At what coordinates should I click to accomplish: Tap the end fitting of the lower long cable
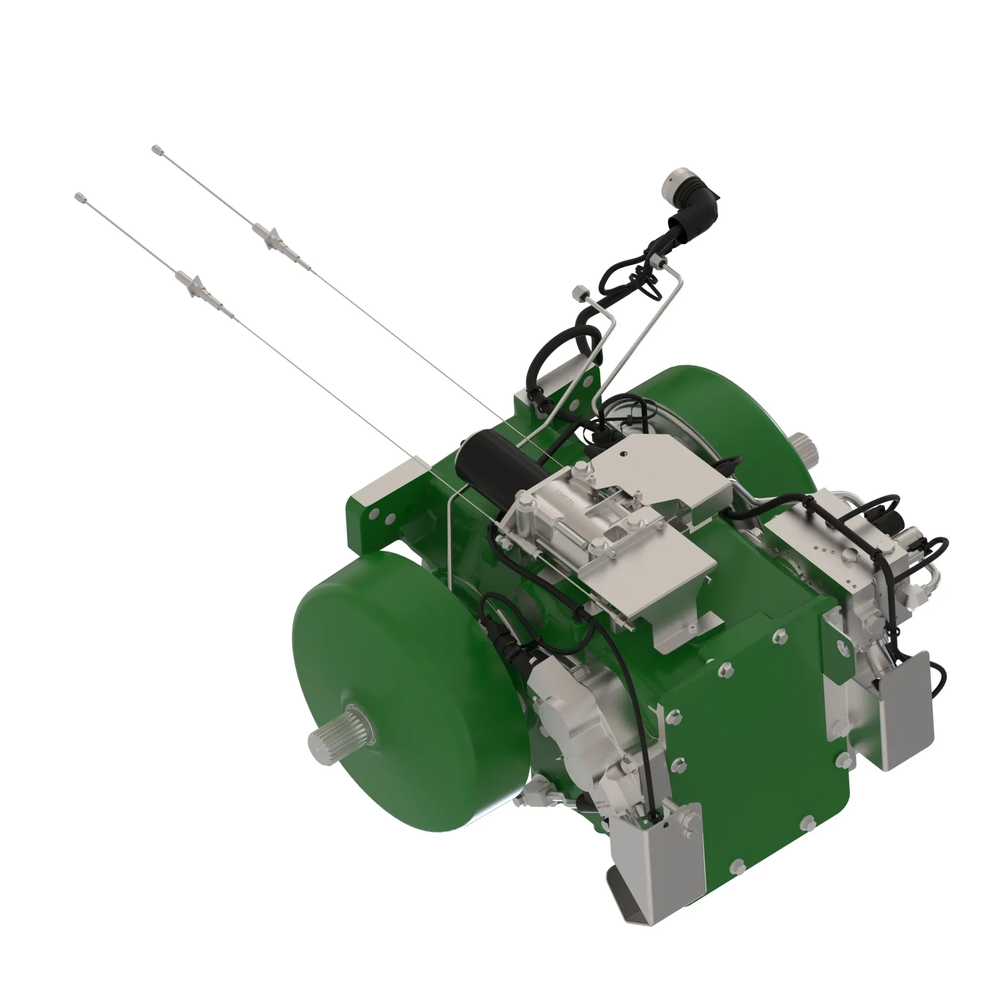80,197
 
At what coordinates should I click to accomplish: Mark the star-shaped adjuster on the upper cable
270,237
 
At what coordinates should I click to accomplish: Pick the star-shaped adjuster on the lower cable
195,285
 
